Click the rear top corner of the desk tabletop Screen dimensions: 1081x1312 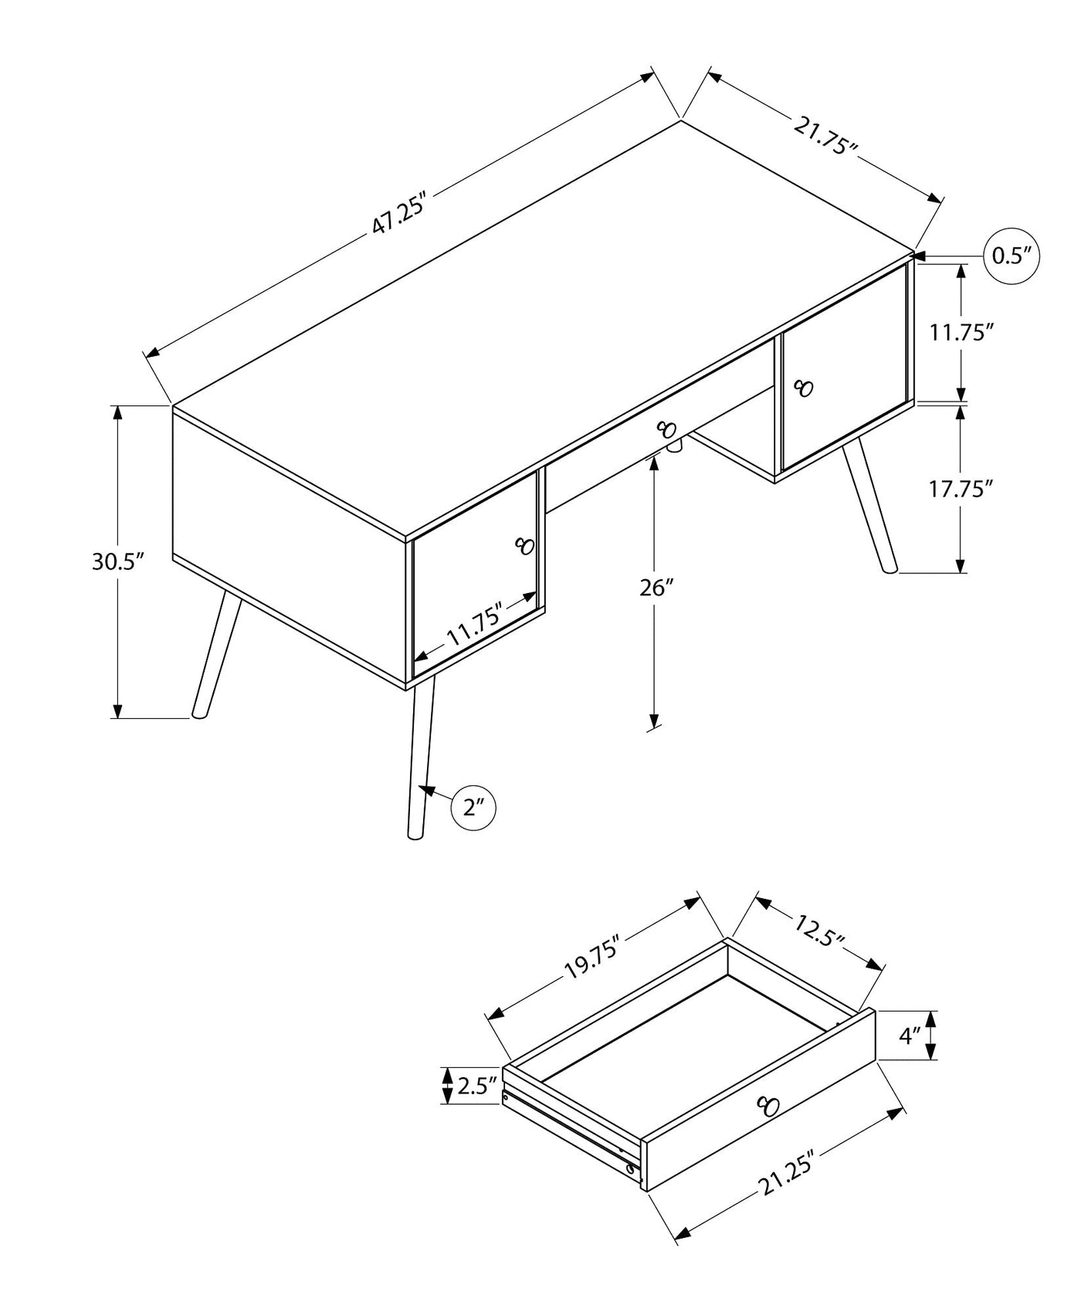(x=681, y=120)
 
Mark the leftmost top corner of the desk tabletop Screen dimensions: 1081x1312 (x=172, y=405)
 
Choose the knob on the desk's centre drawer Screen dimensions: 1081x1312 (x=666, y=428)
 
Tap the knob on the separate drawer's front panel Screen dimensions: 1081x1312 (x=768, y=1106)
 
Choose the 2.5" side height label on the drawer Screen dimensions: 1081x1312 (x=476, y=1087)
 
